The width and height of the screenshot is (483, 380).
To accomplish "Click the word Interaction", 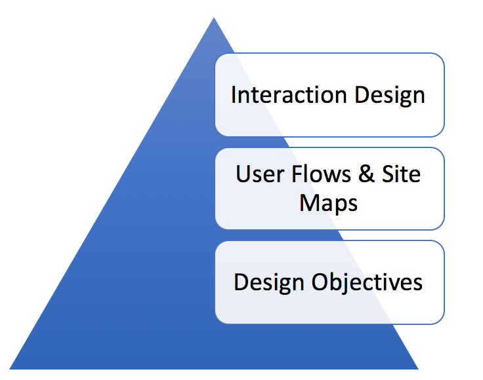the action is point(289,95).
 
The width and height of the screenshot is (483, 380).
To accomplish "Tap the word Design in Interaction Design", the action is point(390,96).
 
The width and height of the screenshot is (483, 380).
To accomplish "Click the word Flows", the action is point(321,174).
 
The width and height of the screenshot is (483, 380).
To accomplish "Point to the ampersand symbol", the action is point(366,174).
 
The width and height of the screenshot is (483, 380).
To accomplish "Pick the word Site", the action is point(401,174).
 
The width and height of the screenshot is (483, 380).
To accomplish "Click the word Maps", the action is point(328,204).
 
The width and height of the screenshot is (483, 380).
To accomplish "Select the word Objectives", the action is point(367,283).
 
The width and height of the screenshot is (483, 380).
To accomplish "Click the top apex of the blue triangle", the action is point(214,18).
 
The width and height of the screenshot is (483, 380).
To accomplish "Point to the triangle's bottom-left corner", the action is point(10,369).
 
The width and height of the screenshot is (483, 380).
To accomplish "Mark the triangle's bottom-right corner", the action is point(418,369).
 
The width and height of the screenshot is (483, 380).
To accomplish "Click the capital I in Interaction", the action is point(234,95).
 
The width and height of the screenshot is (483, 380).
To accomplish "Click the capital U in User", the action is point(243,174).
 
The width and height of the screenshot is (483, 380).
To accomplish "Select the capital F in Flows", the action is point(297,174).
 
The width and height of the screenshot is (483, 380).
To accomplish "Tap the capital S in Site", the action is point(388,174).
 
